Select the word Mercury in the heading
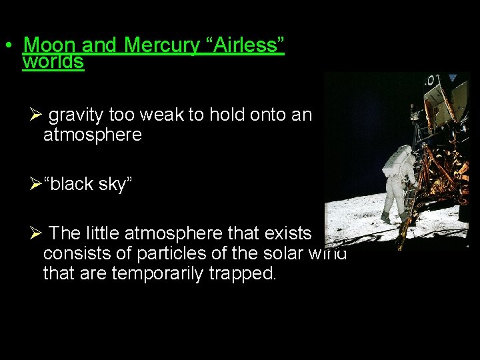coord(159,45)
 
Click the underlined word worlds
coord(53,62)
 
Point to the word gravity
coord(76,115)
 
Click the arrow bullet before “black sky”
coord(36,185)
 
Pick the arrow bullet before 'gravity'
coord(37,115)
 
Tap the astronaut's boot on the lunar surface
coord(386,219)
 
